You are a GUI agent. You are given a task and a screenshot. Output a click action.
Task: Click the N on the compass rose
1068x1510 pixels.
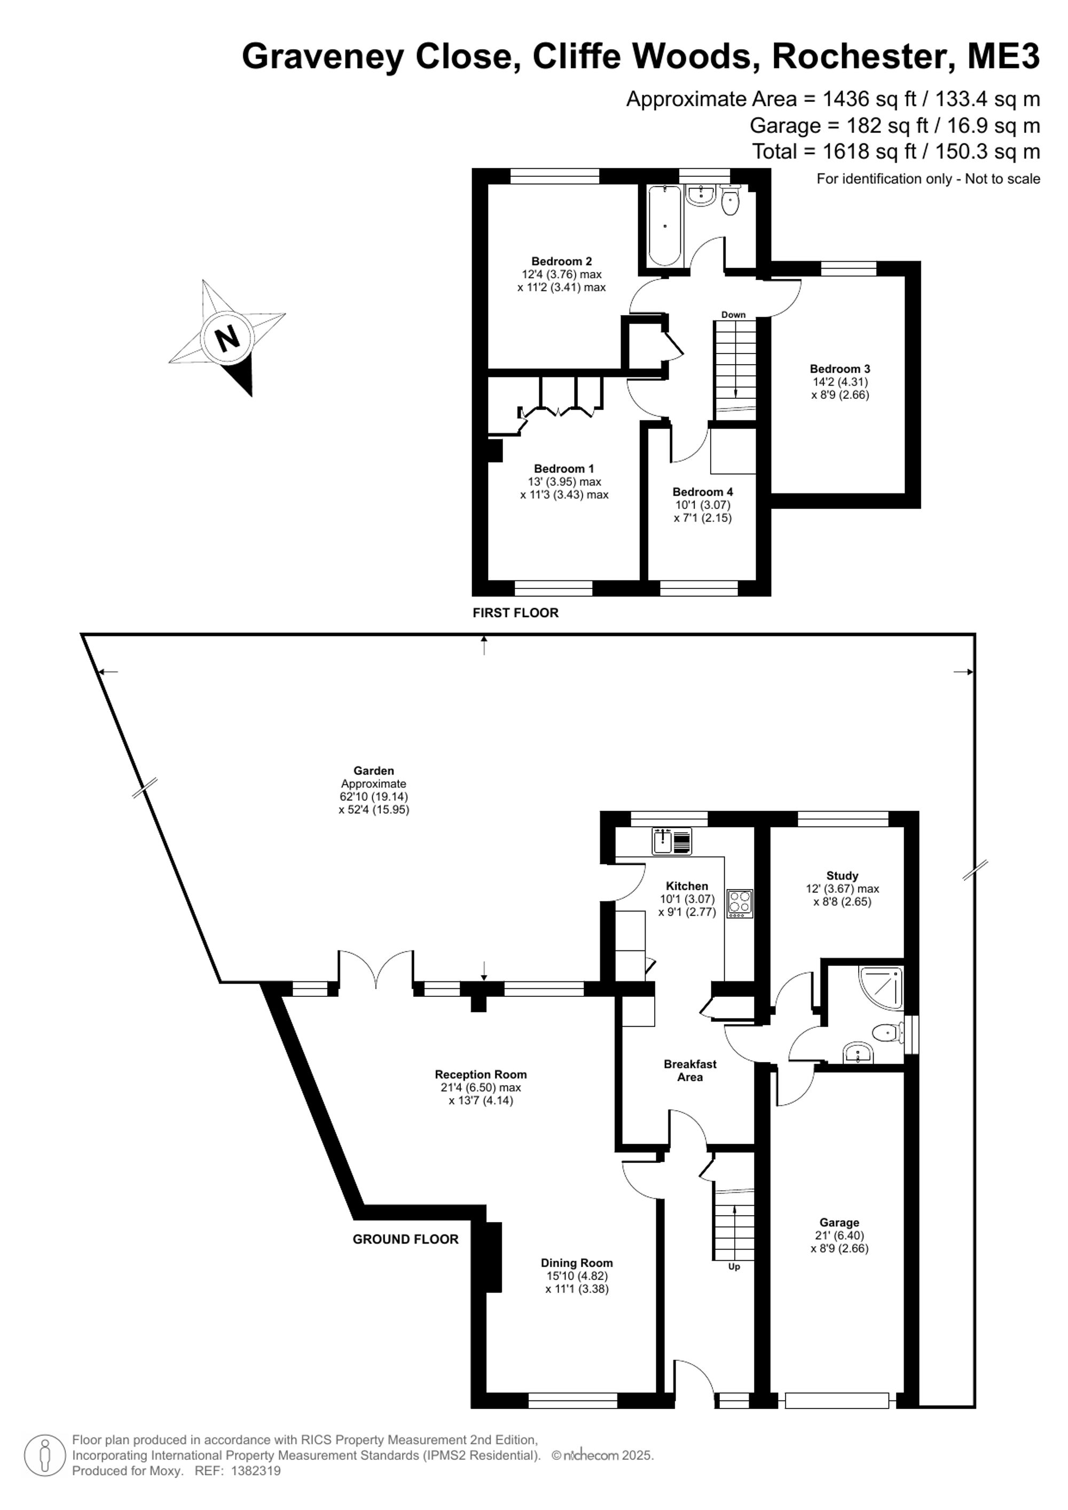(227, 339)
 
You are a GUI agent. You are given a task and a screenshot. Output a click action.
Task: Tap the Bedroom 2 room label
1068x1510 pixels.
(562, 261)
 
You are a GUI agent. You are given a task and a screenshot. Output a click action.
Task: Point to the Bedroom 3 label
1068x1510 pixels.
(840, 369)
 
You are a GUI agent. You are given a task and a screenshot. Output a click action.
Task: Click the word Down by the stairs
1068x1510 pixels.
(733, 314)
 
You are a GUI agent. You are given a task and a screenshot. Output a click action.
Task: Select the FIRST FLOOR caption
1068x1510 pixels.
(516, 613)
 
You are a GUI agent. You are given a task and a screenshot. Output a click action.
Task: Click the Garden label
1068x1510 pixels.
(374, 771)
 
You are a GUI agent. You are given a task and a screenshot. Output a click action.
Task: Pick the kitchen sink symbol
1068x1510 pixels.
(671, 840)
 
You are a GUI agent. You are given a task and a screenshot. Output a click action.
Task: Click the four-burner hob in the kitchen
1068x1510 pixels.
(740, 903)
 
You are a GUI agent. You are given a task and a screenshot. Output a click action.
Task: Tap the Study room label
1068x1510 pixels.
(843, 875)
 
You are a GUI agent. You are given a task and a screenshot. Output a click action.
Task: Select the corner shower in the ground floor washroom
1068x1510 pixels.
(881, 987)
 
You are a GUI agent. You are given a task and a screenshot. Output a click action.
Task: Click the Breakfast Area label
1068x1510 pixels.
(690, 1071)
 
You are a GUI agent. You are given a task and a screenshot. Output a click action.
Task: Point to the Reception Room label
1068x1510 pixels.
(481, 1075)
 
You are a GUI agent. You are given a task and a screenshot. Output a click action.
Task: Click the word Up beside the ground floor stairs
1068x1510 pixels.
(734, 1267)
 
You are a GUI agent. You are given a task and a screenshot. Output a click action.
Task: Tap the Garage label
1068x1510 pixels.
(839, 1223)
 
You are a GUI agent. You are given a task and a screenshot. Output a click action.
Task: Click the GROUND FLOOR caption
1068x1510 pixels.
(406, 1239)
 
